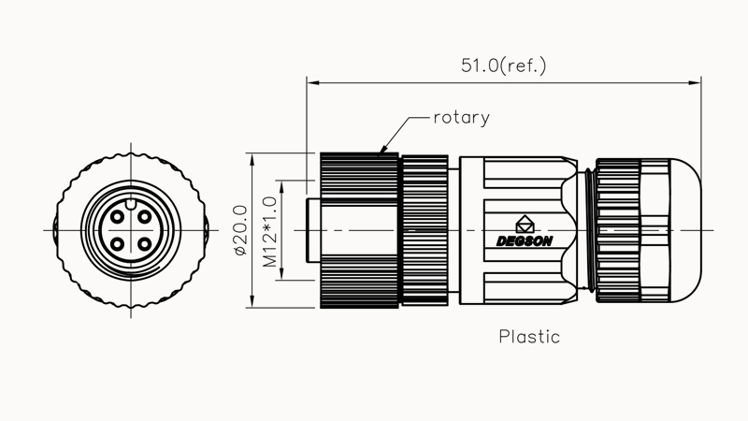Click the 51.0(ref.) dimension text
click(x=503, y=65)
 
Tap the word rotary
click(x=461, y=118)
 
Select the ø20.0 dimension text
click(x=239, y=230)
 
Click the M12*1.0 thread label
click(x=270, y=230)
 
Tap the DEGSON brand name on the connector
click(x=525, y=240)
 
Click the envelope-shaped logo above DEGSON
click(x=525, y=224)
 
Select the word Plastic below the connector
click(x=529, y=336)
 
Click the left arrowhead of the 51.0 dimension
click(x=312, y=83)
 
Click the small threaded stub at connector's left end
click(x=313, y=230)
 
